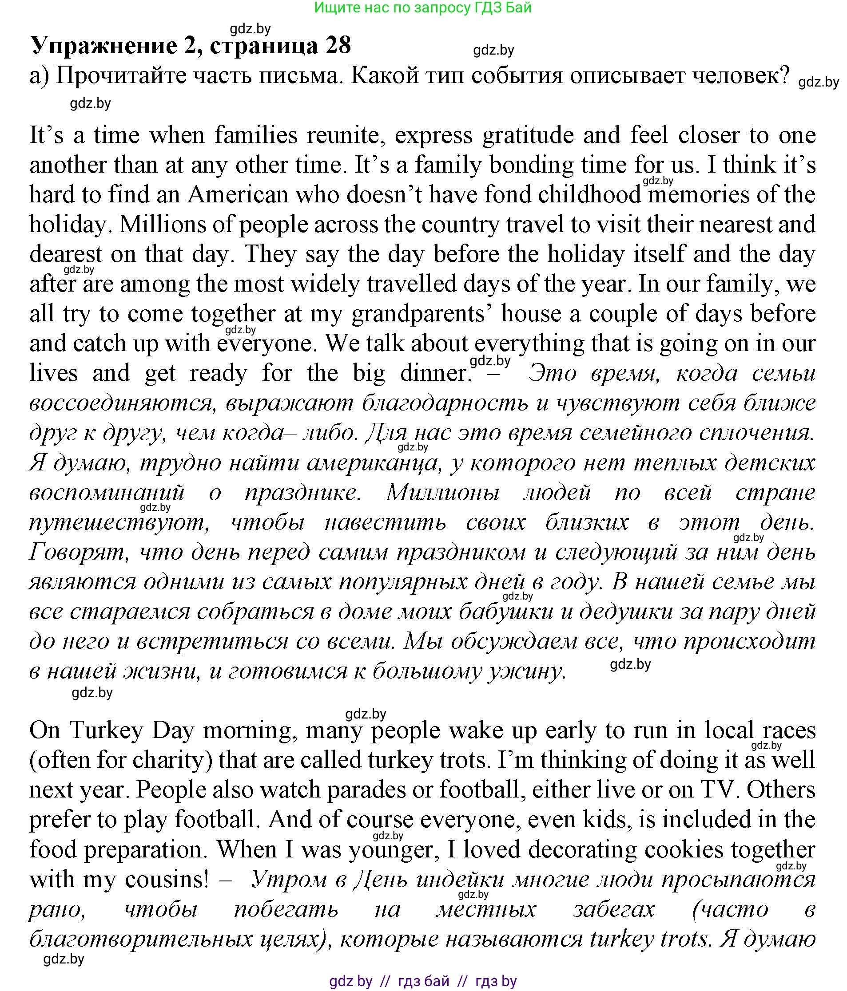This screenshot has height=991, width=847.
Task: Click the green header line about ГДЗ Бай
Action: tap(423, 7)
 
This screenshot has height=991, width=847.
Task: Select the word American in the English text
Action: tap(238, 195)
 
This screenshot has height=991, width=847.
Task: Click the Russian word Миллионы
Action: tap(443, 493)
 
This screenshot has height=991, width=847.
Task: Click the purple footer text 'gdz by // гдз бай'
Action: tap(423, 981)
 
